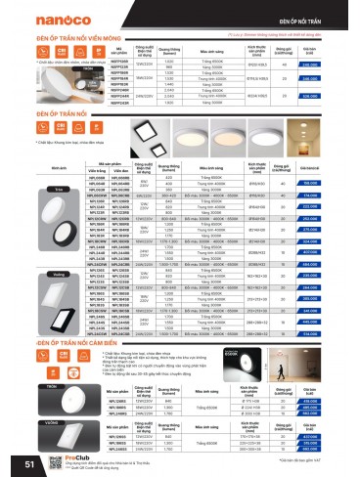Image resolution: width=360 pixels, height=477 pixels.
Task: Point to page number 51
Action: pyautogui.click(x=13, y=461)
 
